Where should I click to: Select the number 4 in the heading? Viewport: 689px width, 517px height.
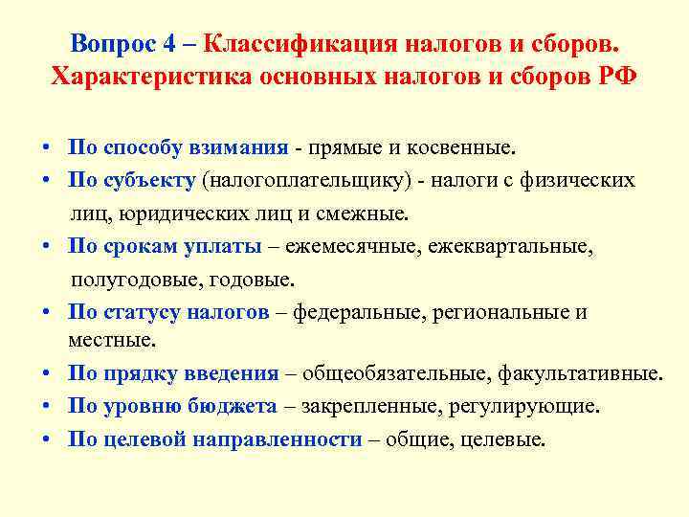click(x=169, y=45)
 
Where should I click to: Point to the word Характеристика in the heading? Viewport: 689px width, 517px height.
click(x=149, y=78)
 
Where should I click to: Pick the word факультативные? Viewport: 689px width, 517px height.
click(x=580, y=373)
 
